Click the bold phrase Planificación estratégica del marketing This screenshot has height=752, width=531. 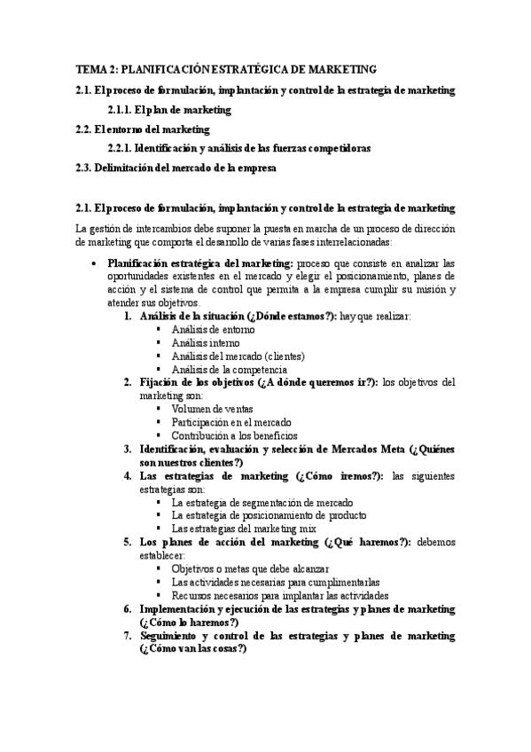click(x=200, y=263)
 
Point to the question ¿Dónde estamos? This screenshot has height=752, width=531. click(x=297, y=317)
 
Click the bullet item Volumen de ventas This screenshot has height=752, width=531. click(x=212, y=409)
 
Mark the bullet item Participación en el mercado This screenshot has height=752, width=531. click(x=231, y=422)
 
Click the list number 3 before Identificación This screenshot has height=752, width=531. click(x=129, y=449)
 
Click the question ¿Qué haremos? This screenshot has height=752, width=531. click(x=366, y=542)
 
